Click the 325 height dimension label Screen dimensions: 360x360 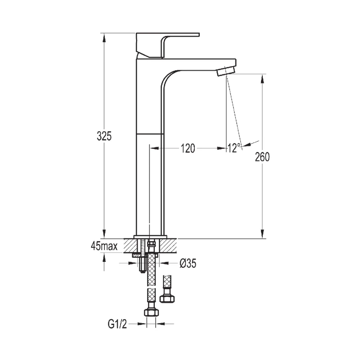104,136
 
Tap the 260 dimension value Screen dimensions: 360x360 262,157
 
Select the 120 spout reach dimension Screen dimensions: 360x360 188,148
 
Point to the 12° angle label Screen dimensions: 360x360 234,148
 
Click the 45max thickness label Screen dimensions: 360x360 103,246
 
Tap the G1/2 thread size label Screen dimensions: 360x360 117,323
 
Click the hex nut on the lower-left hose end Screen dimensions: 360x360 150,312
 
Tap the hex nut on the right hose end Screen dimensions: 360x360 167,298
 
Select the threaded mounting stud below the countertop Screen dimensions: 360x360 143,261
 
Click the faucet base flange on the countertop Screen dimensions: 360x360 150,237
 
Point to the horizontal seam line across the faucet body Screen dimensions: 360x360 148,134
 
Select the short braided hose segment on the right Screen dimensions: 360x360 167,281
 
